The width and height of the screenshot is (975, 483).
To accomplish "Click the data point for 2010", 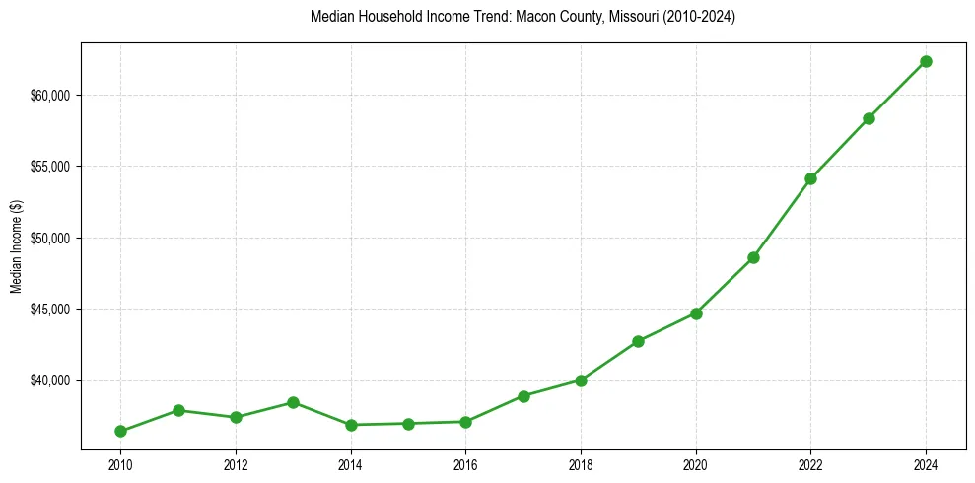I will [x=120, y=431].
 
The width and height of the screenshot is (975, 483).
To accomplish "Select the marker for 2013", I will [x=293, y=402].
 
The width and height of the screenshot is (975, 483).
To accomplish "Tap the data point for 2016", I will [x=465, y=422].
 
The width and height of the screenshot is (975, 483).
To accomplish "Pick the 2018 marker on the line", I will [x=581, y=380].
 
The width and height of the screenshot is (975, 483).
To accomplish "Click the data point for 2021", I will [x=753, y=257].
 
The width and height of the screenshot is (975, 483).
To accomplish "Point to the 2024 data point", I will [x=926, y=61].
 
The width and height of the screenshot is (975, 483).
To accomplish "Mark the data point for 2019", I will [x=638, y=341].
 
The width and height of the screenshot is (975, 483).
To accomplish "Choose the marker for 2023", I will [x=869, y=118].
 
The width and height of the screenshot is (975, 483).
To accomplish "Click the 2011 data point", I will [x=178, y=410].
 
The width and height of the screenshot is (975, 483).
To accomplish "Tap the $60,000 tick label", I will [x=50, y=96].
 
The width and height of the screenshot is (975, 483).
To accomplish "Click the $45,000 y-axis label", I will [x=50, y=310].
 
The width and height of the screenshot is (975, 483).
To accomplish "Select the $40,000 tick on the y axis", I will [x=50, y=380].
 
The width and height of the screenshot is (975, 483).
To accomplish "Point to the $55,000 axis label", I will [x=50, y=167].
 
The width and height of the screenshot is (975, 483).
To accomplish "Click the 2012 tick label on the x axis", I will [x=236, y=464].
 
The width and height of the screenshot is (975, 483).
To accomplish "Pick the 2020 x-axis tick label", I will [x=696, y=464].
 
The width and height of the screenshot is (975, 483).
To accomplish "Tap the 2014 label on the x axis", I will [x=350, y=464].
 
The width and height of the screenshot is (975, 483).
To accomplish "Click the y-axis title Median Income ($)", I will [x=16, y=246].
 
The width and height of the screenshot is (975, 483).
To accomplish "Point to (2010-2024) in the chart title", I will [x=700, y=17].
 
